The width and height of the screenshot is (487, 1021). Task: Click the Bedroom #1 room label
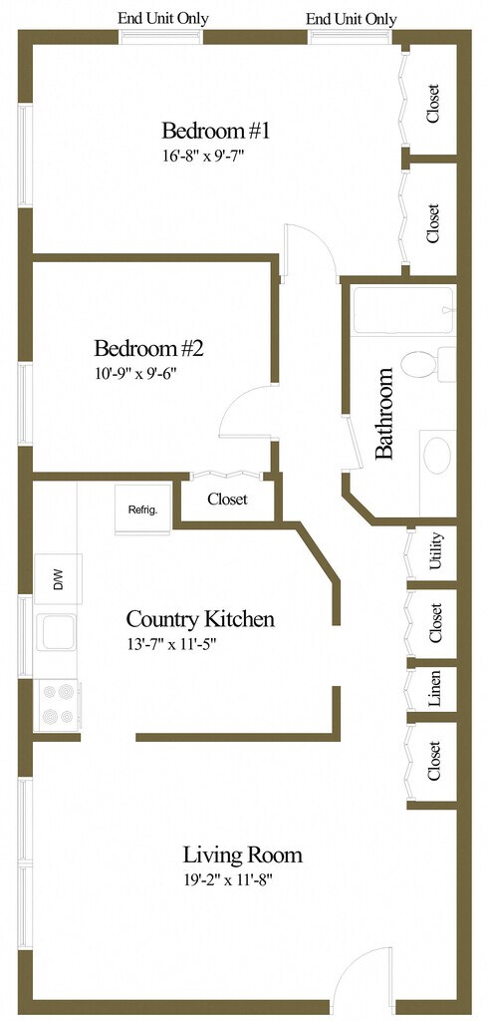[215, 131]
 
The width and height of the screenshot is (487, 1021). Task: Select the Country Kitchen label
[199, 618]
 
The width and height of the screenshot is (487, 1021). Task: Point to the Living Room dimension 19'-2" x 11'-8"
[226, 880]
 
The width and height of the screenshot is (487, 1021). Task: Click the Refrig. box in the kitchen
[143, 510]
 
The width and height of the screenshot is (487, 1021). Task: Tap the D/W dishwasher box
[58, 579]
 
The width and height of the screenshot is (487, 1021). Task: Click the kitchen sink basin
[56, 631]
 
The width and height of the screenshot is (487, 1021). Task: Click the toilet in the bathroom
[428, 364]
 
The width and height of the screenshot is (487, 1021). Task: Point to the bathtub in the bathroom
[403, 311]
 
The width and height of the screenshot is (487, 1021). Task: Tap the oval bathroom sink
[437, 455]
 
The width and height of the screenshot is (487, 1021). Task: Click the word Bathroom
[384, 414]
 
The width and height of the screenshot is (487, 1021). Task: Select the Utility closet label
[435, 551]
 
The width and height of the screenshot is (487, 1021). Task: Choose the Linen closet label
[435, 689]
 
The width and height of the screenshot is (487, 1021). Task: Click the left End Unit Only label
[162, 18]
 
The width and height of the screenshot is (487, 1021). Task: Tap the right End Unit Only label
[352, 19]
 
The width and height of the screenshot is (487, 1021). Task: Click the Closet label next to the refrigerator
[227, 500]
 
